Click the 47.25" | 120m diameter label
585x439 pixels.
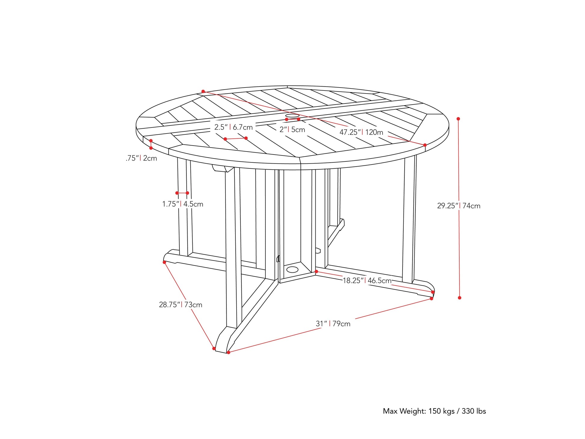click(361, 132)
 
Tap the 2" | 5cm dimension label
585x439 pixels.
click(292, 130)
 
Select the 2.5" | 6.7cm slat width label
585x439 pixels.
click(233, 127)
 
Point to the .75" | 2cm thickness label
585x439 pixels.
click(141, 158)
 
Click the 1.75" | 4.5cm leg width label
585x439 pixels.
click(183, 204)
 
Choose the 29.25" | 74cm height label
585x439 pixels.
click(458, 206)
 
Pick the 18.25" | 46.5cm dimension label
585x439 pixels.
click(367, 281)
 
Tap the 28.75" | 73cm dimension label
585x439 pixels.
click(180, 305)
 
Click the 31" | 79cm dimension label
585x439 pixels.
click(333, 324)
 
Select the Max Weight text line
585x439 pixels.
click(434, 411)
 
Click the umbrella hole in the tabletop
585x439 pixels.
click(292, 115)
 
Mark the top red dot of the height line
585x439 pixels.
click(458, 119)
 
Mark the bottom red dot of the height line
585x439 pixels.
click(459, 298)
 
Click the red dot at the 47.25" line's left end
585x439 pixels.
click(203, 91)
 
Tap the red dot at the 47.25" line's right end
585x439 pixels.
click(425, 145)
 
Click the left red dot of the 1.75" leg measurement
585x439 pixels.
click(177, 193)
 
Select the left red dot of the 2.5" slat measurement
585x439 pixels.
click(225, 139)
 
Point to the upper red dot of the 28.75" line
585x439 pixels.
click(164, 262)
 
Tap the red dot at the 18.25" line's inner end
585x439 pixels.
click(316, 272)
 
